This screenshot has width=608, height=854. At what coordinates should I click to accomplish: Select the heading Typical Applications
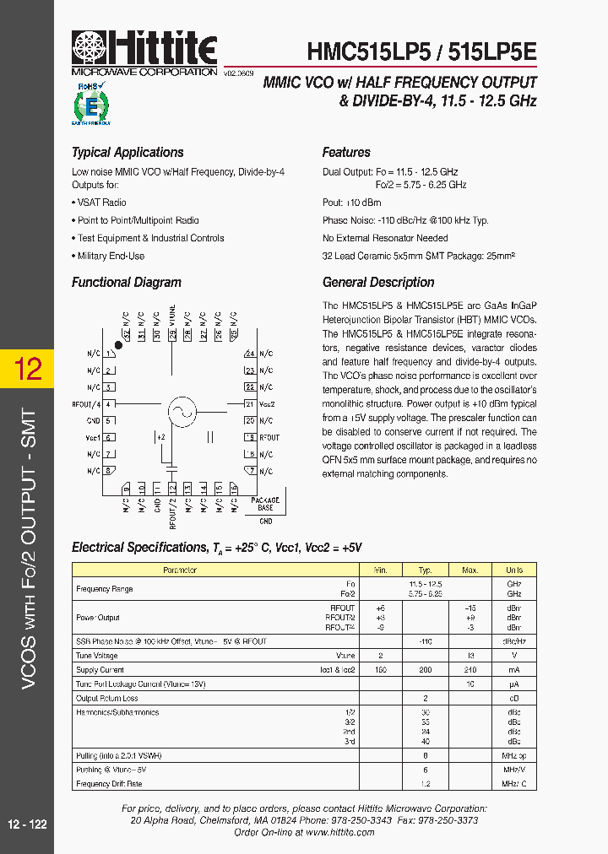(x=128, y=153)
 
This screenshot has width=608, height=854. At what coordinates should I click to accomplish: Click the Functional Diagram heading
(x=127, y=283)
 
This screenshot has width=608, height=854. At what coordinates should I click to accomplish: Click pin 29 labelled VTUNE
(x=172, y=334)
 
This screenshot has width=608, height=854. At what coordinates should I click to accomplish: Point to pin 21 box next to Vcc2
(x=249, y=404)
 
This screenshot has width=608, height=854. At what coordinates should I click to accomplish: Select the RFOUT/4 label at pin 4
(x=86, y=404)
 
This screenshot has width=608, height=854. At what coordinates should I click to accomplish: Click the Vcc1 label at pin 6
(x=92, y=437)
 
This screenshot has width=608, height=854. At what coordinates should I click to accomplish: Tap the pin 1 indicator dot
(x=118, y=344)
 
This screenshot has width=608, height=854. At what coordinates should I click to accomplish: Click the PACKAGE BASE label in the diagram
(x=266, y=504)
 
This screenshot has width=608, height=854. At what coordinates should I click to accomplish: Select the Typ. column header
(x=426, y=570)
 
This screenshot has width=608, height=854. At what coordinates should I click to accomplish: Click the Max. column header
(x=470, y=570)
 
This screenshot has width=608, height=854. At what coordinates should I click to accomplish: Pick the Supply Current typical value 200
(x=426, y=669)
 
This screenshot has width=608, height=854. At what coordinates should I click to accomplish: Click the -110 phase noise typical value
(x=426, y=641)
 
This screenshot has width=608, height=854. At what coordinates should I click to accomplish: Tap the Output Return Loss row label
(x=108, y=698)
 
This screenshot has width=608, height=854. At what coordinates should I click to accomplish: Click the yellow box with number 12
(x=27, y=369)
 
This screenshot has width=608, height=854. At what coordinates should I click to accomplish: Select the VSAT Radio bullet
(x=101, y=203)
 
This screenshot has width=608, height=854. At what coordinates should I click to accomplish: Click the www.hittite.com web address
(x=340, y=831)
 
